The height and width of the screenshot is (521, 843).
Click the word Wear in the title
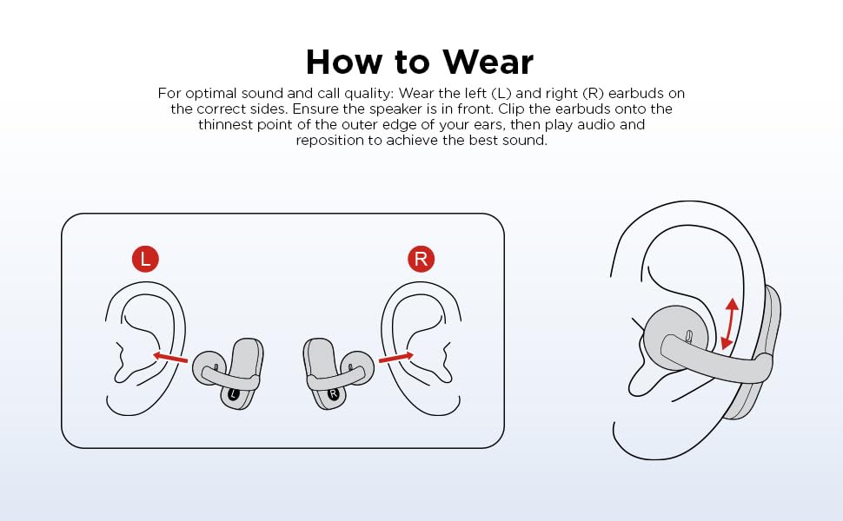(x=488, y=62)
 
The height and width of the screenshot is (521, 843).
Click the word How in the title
(x=345, y=62)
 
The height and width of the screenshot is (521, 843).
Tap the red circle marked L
(x=145, y=259)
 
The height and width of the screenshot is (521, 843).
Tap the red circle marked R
(x=421, y=259)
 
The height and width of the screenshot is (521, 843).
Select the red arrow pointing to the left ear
(x=169, y=357)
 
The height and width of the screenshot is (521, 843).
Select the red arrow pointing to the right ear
(x=396, y=357)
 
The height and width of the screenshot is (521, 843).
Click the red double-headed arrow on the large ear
(x=729, y=325)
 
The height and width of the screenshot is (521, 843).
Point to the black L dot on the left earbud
(x=233, y=394)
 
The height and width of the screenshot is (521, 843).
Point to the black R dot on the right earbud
(x=334, y=394)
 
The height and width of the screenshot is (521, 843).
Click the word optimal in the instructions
(x=210, y=94)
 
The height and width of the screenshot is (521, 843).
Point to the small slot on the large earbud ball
(x=688, y=335)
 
